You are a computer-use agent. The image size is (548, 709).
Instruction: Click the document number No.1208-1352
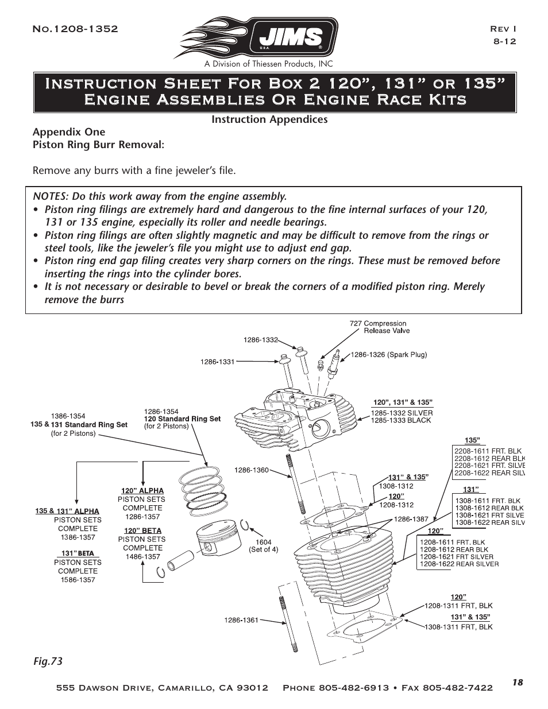pos(75,29)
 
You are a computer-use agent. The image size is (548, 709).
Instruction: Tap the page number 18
pos(518,682)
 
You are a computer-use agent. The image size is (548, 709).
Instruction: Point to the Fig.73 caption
pos(47,661)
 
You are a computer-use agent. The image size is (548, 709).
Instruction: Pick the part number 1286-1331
pos(217,362)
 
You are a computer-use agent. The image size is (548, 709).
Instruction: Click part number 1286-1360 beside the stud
pos(251,470)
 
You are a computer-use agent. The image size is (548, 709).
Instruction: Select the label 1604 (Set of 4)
pos(263,545)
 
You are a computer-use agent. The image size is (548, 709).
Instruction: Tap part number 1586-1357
pos(78,580)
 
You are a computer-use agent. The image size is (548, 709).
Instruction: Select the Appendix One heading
pos(69,131)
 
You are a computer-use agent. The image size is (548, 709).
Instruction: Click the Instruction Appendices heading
pos(269,119)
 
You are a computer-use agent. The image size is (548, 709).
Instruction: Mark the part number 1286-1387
pos(411,518)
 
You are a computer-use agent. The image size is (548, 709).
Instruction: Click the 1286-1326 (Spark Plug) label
pos(389,355)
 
